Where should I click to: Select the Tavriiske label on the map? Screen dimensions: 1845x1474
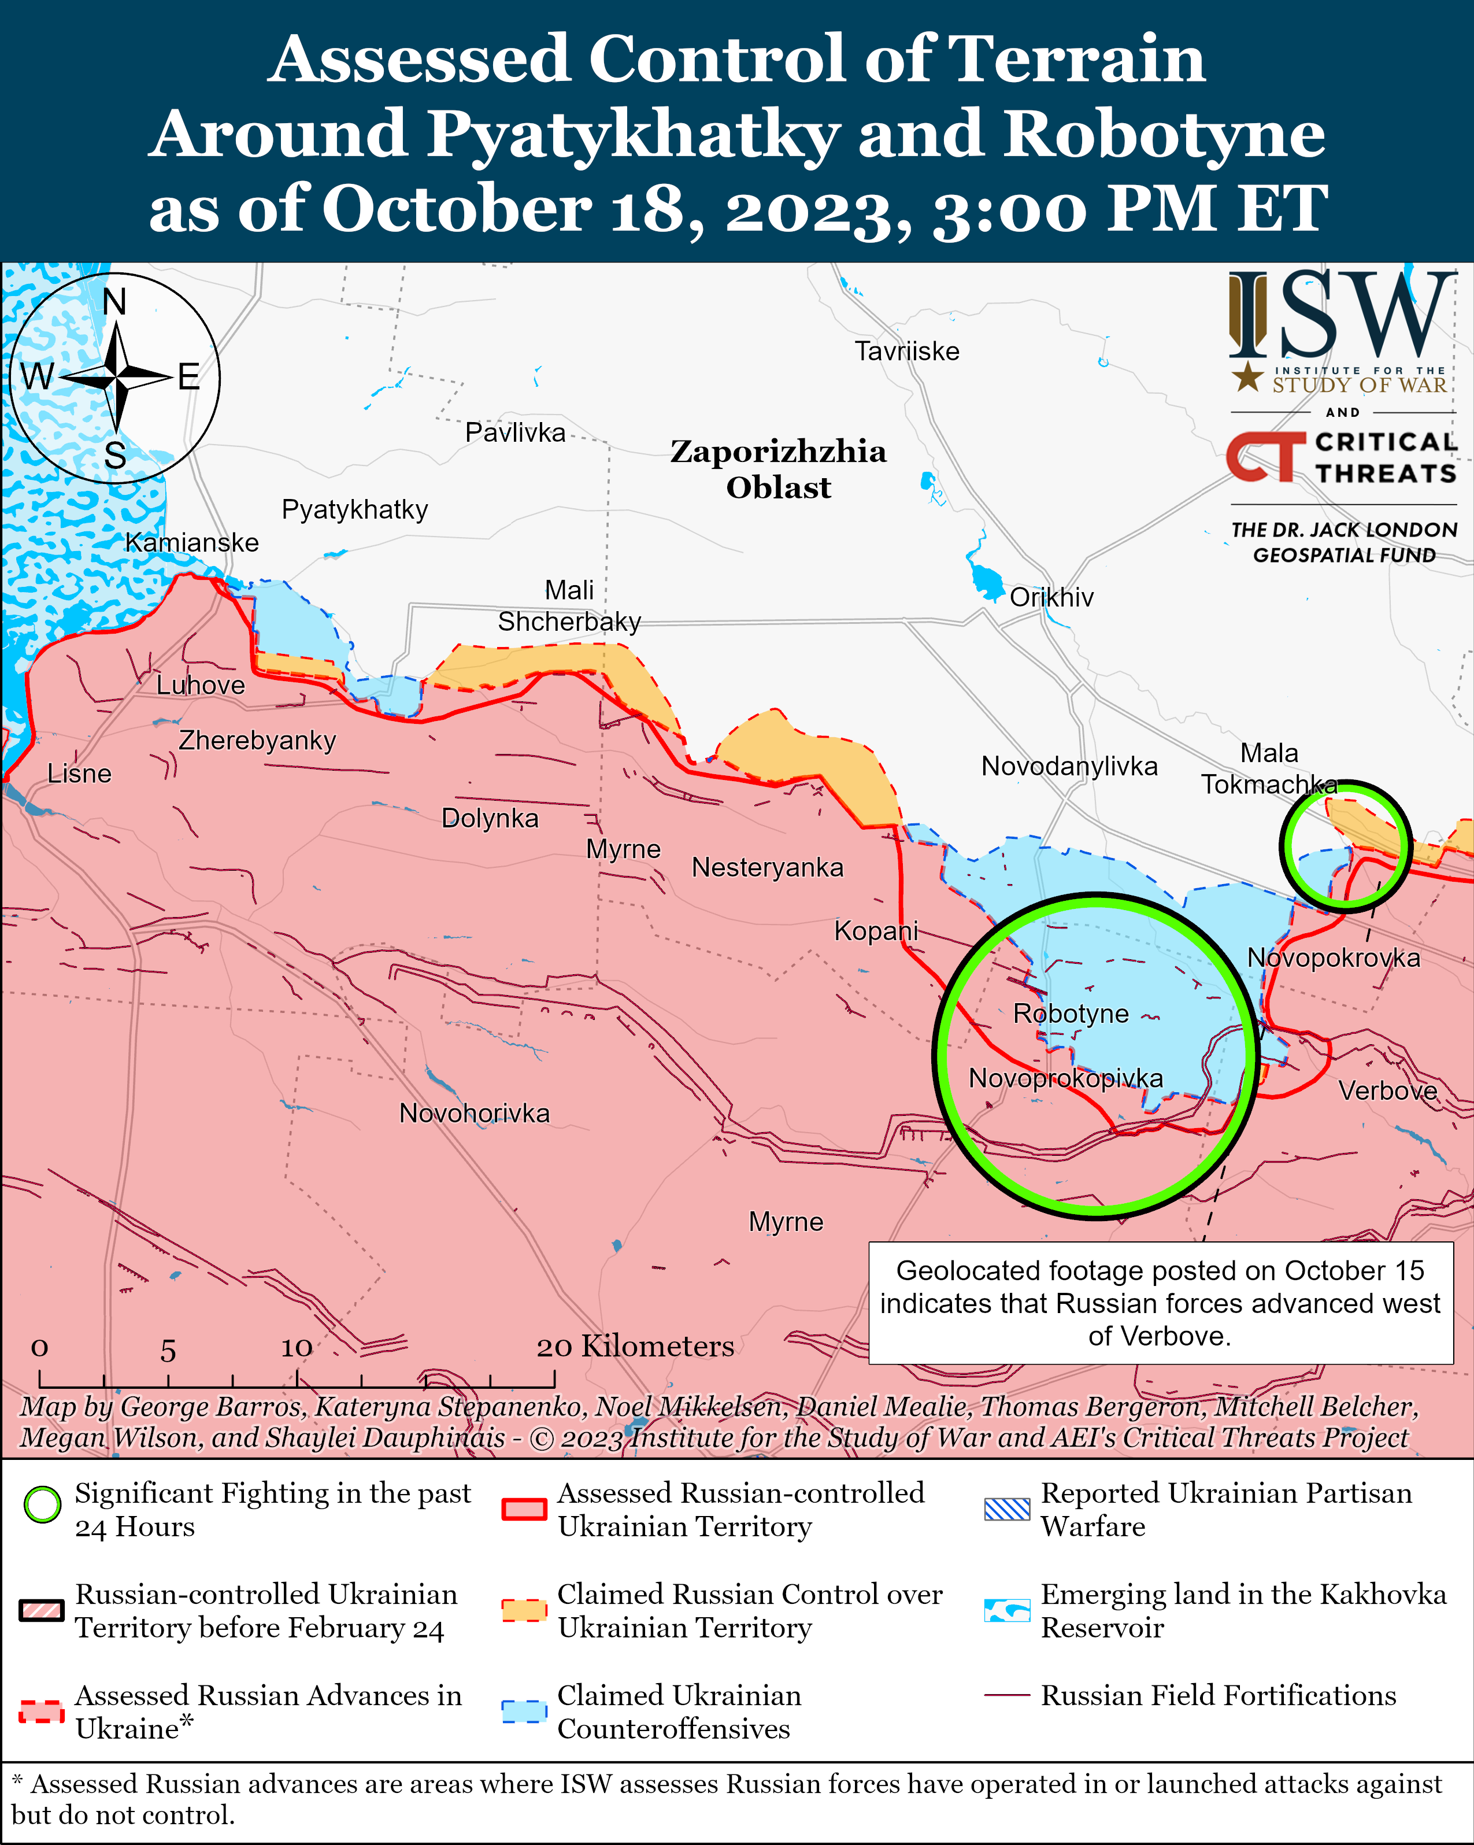pyautogui.click(x=907, y=351)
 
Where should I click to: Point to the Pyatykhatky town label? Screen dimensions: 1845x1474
pyautogui.click(x=354, y=509)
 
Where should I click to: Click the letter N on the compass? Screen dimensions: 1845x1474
pyautogui.click(x=114, y=301)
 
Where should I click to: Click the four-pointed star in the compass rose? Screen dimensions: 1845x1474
pyautogui.click(x=116, y=376)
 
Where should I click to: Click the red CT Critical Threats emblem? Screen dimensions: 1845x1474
pyautogui.click(x=1264, y=456)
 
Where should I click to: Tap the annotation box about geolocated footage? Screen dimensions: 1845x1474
pyautogui.click(x=1160, y=1303)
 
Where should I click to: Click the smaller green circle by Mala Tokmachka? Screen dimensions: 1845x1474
pyautogui.click(x=1345, y=845)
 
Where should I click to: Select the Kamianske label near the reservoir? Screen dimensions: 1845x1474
pyautogui.click(x=192, y=542)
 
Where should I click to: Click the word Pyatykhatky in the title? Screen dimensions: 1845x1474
pyautogui.click(x=633, y=134)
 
